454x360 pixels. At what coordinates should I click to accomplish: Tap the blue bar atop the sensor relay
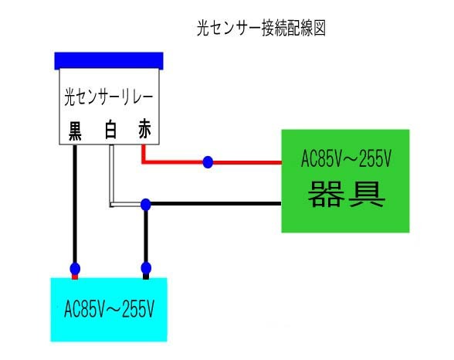tap(109, 59)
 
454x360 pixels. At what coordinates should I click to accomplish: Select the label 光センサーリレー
tap(108, 98)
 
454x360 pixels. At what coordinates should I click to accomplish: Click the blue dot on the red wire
tap(208, 162)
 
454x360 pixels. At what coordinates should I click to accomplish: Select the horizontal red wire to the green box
tap(247, 162)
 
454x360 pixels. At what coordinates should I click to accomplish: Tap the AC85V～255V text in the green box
tap(346, 162)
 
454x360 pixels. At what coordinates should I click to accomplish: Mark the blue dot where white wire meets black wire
tap(145, 204)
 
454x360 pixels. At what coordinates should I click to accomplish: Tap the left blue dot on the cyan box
tap(75, 270)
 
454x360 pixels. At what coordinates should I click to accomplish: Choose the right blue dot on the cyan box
tap(145, 270)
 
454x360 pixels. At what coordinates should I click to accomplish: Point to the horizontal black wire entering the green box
tap(216, 204)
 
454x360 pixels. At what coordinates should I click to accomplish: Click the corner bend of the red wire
tap(144, 162)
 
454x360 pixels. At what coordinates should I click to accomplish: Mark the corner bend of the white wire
tap(111, 205)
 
